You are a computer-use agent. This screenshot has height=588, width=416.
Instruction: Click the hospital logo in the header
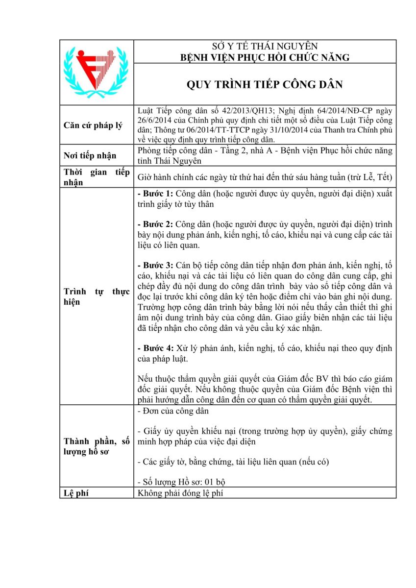point(96,72)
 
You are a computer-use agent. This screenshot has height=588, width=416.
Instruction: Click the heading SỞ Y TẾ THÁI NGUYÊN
point(265,47)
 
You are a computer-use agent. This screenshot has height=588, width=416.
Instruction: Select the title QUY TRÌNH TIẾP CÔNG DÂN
point(265,84)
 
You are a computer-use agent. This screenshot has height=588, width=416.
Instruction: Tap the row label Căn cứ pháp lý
point(94,125)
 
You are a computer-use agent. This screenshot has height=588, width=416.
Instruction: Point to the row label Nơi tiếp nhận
point(90,155)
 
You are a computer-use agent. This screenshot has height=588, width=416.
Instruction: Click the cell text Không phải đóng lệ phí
point(180,493)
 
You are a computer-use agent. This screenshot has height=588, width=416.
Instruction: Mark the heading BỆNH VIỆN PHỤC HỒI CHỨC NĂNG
point(265,57)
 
